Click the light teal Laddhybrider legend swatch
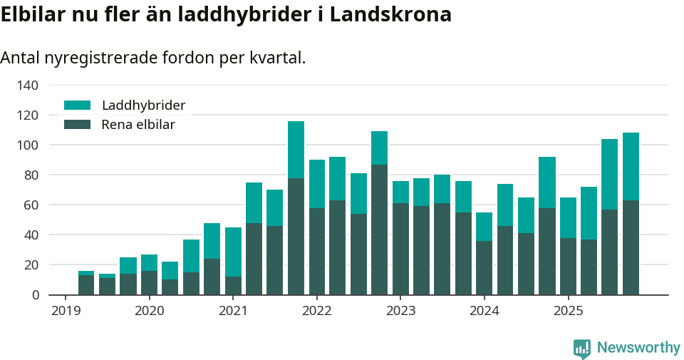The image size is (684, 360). (78, 106)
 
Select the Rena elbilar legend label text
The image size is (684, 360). (138, 125)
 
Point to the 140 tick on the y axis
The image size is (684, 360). (28, 86)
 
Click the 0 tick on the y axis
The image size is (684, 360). (34, 295)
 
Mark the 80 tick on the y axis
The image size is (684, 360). (31, 175)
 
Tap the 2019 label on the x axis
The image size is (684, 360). (65, 312)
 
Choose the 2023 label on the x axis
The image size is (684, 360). (400, 312)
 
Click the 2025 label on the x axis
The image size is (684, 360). (568, 312)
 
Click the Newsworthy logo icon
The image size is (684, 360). (581, 348)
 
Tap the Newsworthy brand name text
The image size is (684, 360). (638, 348)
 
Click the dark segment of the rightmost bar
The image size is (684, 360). (631, 247)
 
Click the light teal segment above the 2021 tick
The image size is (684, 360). (233, 252)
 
